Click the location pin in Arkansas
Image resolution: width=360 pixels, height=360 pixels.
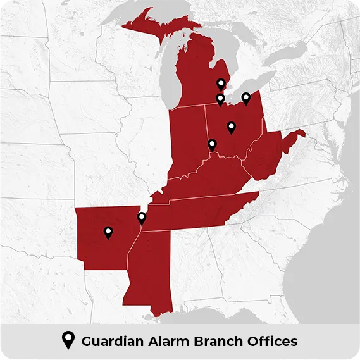(x=108, y=232)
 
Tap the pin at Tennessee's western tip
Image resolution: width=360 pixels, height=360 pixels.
(x=142, y=218)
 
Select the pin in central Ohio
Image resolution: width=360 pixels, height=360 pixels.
(x=231, y=127)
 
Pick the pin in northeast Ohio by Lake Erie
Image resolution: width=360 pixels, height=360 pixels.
(x=246, y=98)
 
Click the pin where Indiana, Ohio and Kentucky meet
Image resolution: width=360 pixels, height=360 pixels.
(x=212, y=145)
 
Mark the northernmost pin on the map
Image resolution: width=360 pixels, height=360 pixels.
(x=220, y=84)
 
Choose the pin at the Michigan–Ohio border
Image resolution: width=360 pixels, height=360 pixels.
(x=220, y=99)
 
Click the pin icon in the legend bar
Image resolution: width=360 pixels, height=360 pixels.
(x=67, y=341)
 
